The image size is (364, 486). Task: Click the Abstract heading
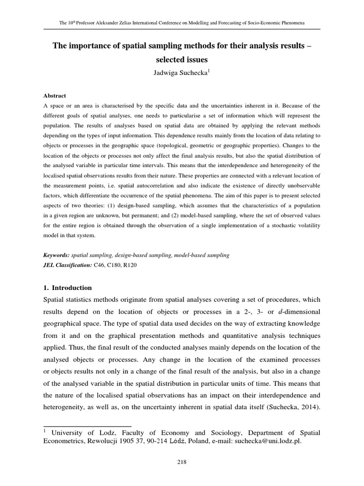[x=55, y=95]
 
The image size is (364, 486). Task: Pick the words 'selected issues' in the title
[x=182, y=60]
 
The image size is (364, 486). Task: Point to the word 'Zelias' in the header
[x=127, y=23]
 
